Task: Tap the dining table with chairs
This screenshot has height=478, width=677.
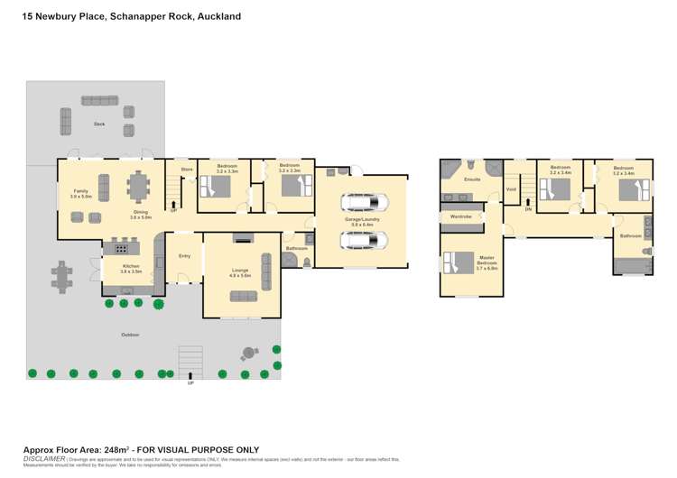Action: (x=138, y=187)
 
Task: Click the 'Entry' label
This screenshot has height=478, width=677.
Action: (x=184, y=256)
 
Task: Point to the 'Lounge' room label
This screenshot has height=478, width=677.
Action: (x=241, y=271)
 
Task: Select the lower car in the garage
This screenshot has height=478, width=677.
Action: (x=360, y=240)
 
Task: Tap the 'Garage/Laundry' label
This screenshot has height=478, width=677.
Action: (x=360, y=219)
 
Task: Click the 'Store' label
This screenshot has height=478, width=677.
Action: (x=187, y=169)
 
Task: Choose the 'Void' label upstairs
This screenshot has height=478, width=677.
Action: (x=511, y=189)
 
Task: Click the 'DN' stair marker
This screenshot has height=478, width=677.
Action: (x=528, y=209)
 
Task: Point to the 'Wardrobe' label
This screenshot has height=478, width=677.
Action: (x=461, y=216)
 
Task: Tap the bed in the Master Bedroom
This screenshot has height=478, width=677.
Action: (x=459, y=262)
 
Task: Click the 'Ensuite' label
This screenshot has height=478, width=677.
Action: (x=471, y=179)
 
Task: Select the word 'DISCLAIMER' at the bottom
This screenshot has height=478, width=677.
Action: (x=43, y=458)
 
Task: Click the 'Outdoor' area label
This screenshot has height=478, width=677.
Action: (x=130, y=335)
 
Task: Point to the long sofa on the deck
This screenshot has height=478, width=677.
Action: (x=98, y=100)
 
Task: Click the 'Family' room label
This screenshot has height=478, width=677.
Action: (x=80, y=191)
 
